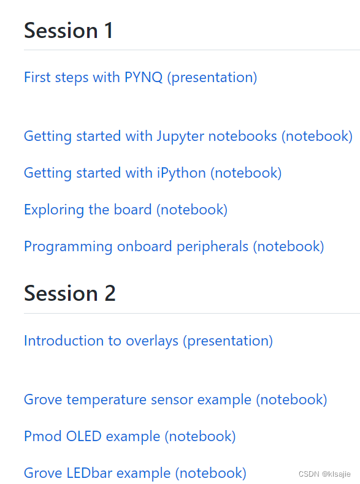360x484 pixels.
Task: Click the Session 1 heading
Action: click(x=69, y=31)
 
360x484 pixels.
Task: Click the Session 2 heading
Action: click(x=70, y=293)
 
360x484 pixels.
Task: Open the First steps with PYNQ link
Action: click(x=140, y=77)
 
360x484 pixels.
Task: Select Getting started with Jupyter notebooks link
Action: click(x=188, y=136)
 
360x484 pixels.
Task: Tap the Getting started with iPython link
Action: click(x=152, y=173)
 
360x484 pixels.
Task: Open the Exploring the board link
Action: click(x=125, y=210)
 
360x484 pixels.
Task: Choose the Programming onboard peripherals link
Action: click(x=174, y=246)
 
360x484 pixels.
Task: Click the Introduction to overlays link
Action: click(x=148, y=341)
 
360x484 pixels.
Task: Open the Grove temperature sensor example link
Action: click(x=175, y=399)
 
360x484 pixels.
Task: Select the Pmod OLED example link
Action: click(x=129, y=436)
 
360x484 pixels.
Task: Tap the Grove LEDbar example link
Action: click(x=135, y=473)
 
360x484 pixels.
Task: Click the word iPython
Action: click(x=182, y=173)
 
